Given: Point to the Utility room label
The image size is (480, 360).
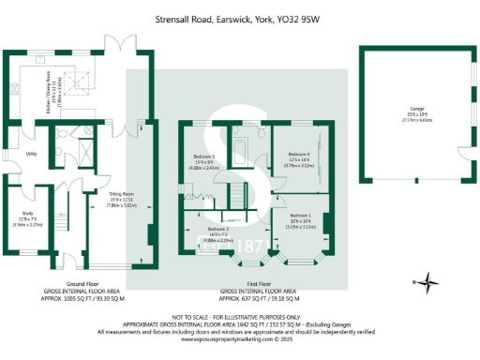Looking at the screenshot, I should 31,154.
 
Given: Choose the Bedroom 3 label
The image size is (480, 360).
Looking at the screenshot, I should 204,160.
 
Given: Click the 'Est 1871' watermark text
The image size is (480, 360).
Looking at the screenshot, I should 230,247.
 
